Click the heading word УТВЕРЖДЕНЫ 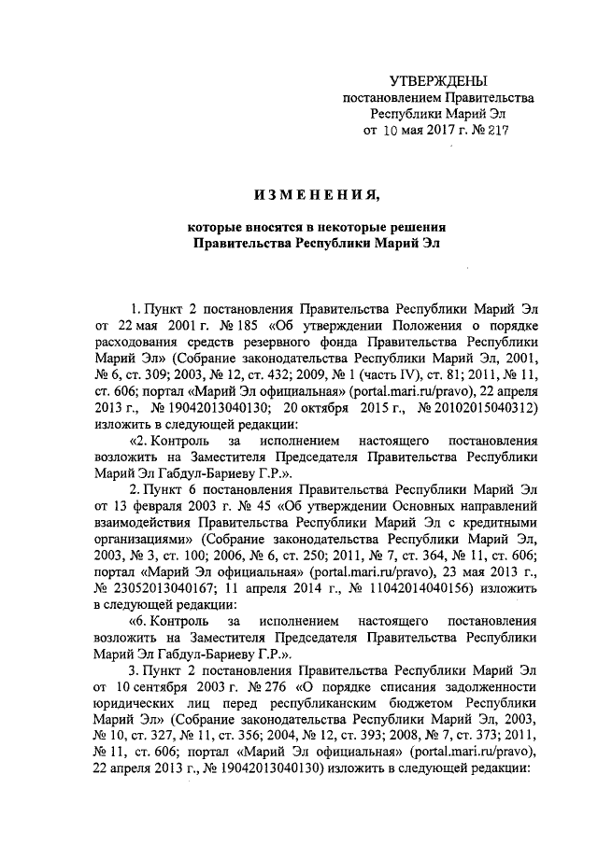[x=439, y=81]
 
